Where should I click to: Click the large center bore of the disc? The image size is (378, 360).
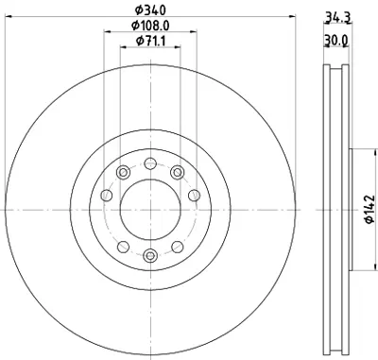coord(150,209)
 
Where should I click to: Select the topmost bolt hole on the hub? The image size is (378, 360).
coord(150,162)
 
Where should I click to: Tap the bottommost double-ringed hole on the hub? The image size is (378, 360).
coord(150,255)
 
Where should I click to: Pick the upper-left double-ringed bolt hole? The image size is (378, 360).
coord(124,171)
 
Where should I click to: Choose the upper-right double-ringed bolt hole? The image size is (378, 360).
coord(177,171)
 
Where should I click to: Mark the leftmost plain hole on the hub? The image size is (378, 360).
coord(107,195)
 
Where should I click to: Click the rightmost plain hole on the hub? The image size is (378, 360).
coord(194,195)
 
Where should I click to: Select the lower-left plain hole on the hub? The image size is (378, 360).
coord(124,247)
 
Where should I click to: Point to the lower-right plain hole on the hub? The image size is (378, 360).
coord(177,247)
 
